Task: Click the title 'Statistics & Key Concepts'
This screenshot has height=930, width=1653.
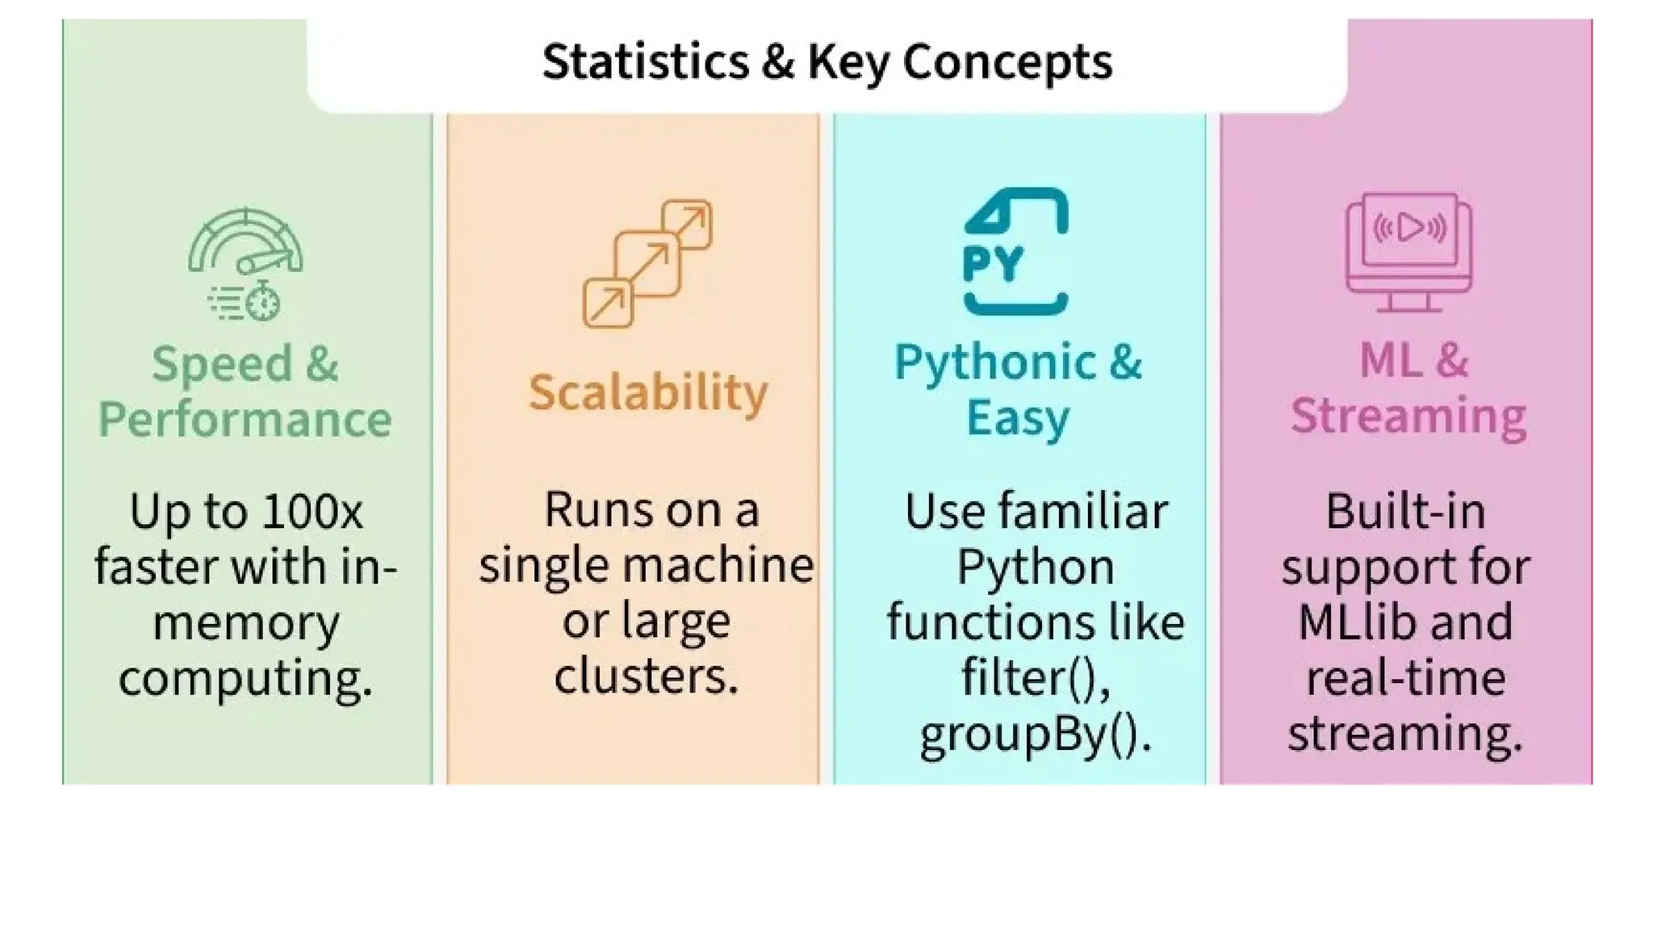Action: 826,61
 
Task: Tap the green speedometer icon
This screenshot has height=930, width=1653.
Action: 245,242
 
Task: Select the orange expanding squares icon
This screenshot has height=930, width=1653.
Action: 647,263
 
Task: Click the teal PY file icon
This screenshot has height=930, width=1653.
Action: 1015,251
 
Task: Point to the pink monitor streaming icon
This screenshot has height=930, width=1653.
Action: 1408,251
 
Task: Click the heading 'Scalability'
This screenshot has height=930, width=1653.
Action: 648,393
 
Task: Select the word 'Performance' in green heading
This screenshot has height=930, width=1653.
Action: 245,419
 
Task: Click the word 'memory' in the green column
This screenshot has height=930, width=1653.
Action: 245,623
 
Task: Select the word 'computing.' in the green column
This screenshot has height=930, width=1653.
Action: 245,678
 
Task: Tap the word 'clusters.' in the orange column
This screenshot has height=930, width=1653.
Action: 646,675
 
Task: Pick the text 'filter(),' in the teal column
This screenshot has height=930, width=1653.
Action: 1036,677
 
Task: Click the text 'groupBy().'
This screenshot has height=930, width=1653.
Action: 1036,734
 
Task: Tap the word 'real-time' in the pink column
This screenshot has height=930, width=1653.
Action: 1405,677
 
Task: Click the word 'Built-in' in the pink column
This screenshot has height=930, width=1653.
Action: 1405,511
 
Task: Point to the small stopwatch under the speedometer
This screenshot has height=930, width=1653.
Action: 262,303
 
